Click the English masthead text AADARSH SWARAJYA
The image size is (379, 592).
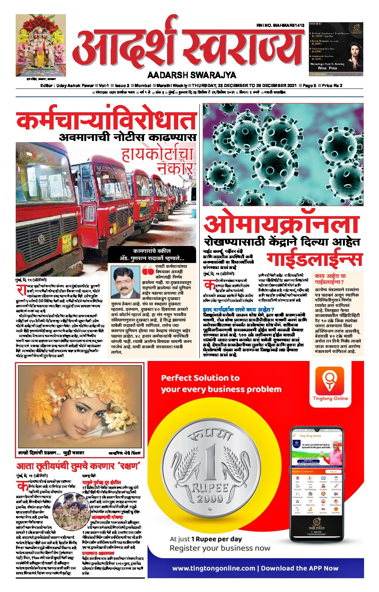click(x=192, y=75)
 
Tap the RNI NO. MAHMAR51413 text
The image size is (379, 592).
click(x=280, y=25)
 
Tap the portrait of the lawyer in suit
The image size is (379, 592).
click(x=125, y=282)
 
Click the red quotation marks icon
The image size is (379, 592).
click(x=148, y=271)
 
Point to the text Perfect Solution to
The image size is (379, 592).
click(x=200, y=378)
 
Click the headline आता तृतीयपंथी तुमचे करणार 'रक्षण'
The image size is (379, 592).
click(x=78, y=466)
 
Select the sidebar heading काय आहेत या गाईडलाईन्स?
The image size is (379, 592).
click(x=330, y=279)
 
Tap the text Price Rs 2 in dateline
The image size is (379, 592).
click(x=332, y=85)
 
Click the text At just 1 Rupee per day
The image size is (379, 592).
click(x=206, y=539)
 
